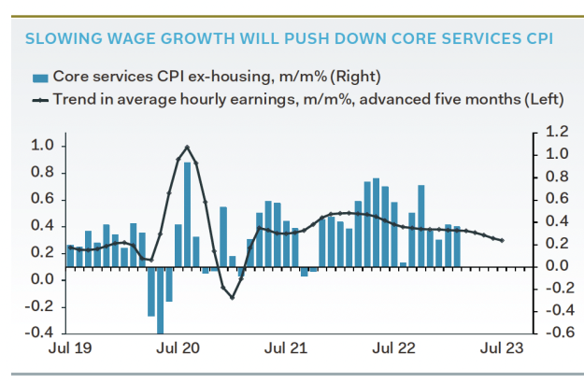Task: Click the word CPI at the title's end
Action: tap(534, 39)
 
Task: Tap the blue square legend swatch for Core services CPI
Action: tap(39, 77)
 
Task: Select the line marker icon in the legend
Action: tap(40, 99)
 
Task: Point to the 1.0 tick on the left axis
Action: tap(42, 146)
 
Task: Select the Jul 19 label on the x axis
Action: tap(73, 349)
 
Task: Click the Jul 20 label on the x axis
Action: tap(179, 349)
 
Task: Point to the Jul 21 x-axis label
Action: tap(287, 349)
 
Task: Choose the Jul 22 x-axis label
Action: tap(393, 349)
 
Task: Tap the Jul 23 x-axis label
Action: tap(500, 349)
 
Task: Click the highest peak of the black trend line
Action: tap(187, 147)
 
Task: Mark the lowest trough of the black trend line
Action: tap(232, 296)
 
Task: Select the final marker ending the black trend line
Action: tap(503, 241)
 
